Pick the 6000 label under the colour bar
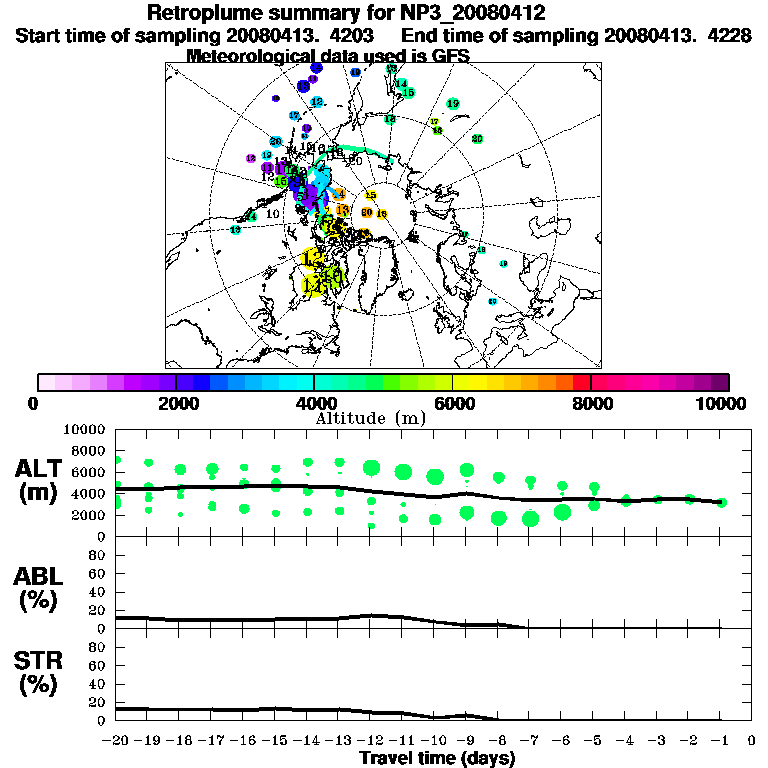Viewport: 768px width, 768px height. pyautogui.click(x=453, y=403)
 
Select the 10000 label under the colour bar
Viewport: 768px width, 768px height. pyautogui.click(x=720, y=403)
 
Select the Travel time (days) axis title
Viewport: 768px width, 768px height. pyautogui.click(x=437, y=759)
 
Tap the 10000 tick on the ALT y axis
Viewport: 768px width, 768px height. pyautogui.click(x=86, y=429)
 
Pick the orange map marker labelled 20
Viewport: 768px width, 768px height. pyautogui.click(x=367, y=212)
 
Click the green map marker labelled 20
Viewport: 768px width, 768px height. pyautogui.click(x=477, y=138)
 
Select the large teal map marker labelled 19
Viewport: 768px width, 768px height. pyautogui.click(x=453, y=104)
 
